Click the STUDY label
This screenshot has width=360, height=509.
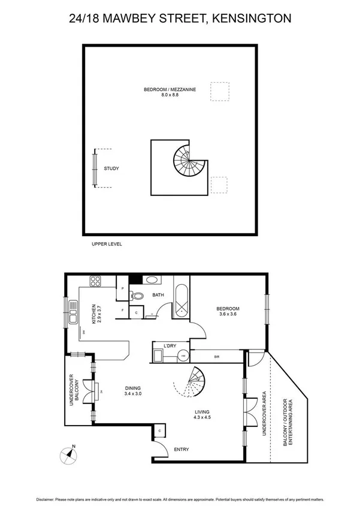coord(111,169)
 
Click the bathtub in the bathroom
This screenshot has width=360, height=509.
coord(181,299)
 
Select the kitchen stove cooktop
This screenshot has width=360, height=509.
coord(95,281)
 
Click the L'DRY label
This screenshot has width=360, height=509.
coord(161,346)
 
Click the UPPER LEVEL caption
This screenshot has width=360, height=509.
coord(107,245)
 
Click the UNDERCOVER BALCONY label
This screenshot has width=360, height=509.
coord(75,391)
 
